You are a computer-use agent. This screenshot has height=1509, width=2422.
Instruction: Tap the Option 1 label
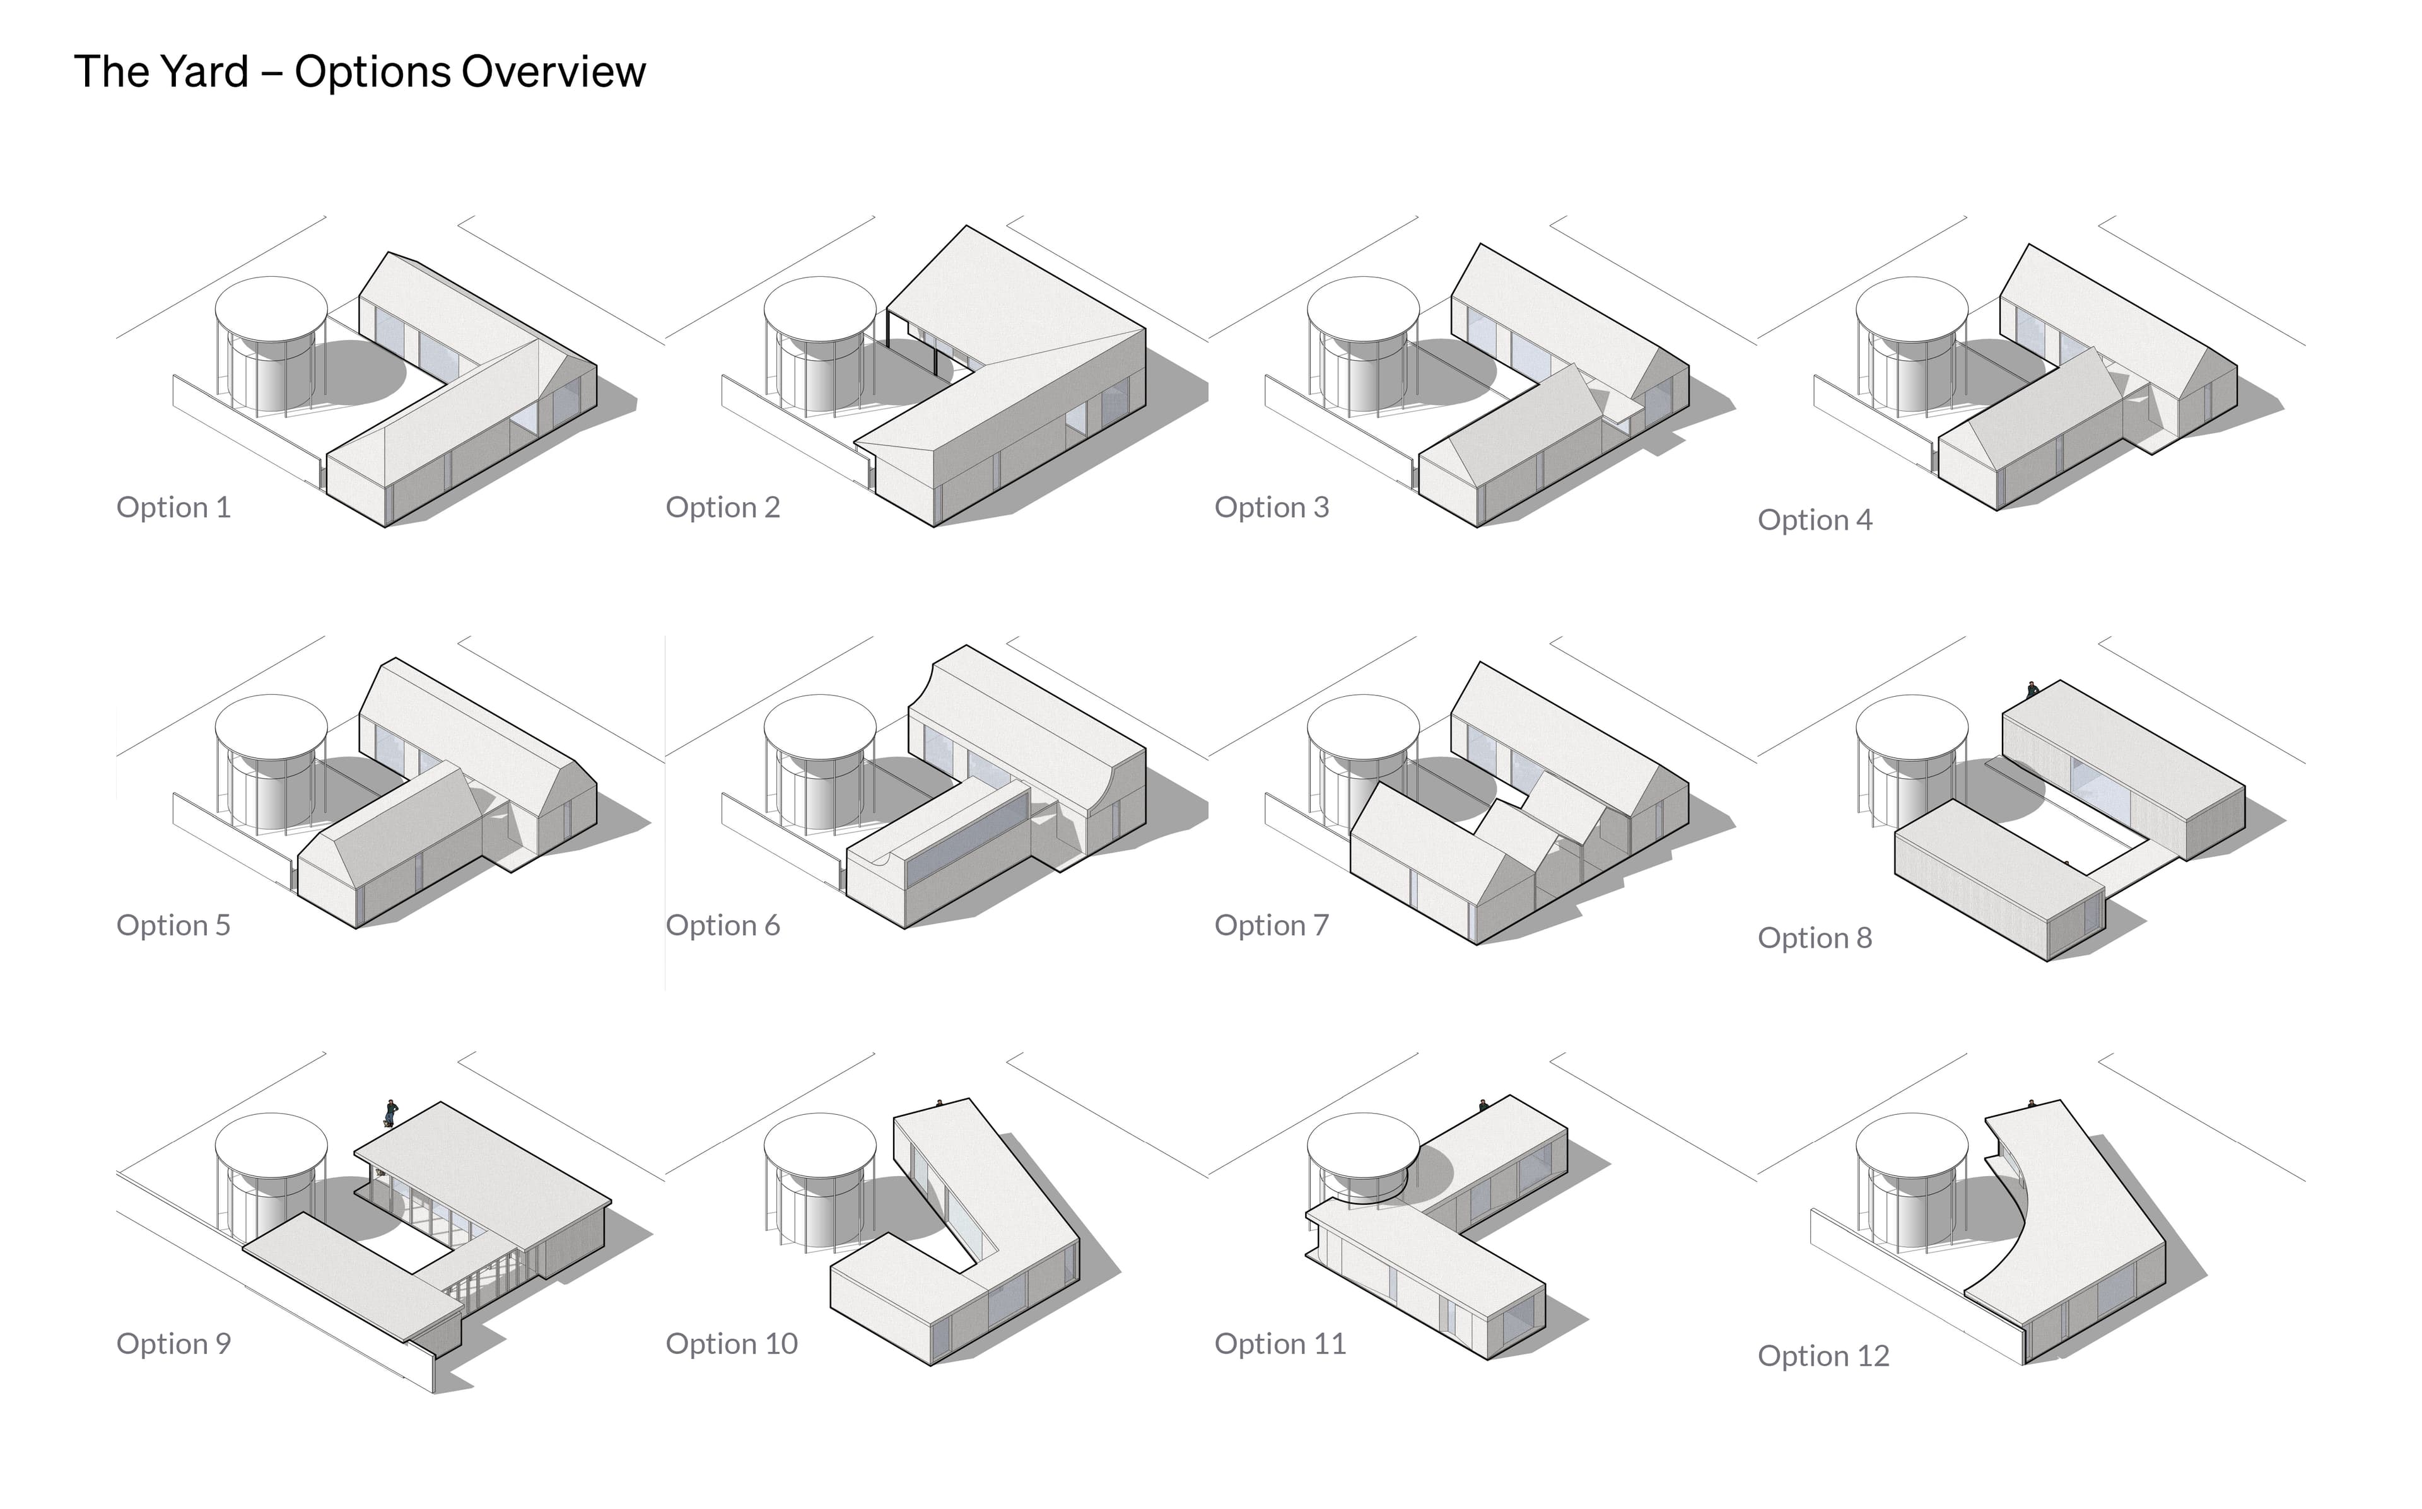pyautogui.click(x=173, y=507)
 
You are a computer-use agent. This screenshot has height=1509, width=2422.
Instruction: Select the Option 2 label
pyautogui.click(x=723, y=507)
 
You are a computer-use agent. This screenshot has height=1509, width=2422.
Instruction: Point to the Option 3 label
pyautogui.click(x=1272, y=507)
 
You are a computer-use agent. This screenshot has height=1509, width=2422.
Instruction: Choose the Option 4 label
pyautogui.click(x=1814, y=520)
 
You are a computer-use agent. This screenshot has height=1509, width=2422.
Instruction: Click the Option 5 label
pyautogui.click(x=173, y=925)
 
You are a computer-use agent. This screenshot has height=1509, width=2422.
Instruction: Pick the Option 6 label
pyautogui.click(x=723, y=925)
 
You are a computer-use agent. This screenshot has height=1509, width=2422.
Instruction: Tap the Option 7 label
pyautogui.click(x=1272, y=925)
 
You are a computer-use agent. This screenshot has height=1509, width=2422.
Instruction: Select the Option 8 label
pyautogui.click(x=1814, y=938)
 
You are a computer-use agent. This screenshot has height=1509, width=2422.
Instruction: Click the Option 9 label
pyautogui.click(x=173, y=1343)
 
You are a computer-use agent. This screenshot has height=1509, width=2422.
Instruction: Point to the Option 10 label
pyautogui.click(x=732, y=1343)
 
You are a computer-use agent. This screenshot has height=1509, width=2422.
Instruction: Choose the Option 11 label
pyautogui.click(x=1280, y=1343)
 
